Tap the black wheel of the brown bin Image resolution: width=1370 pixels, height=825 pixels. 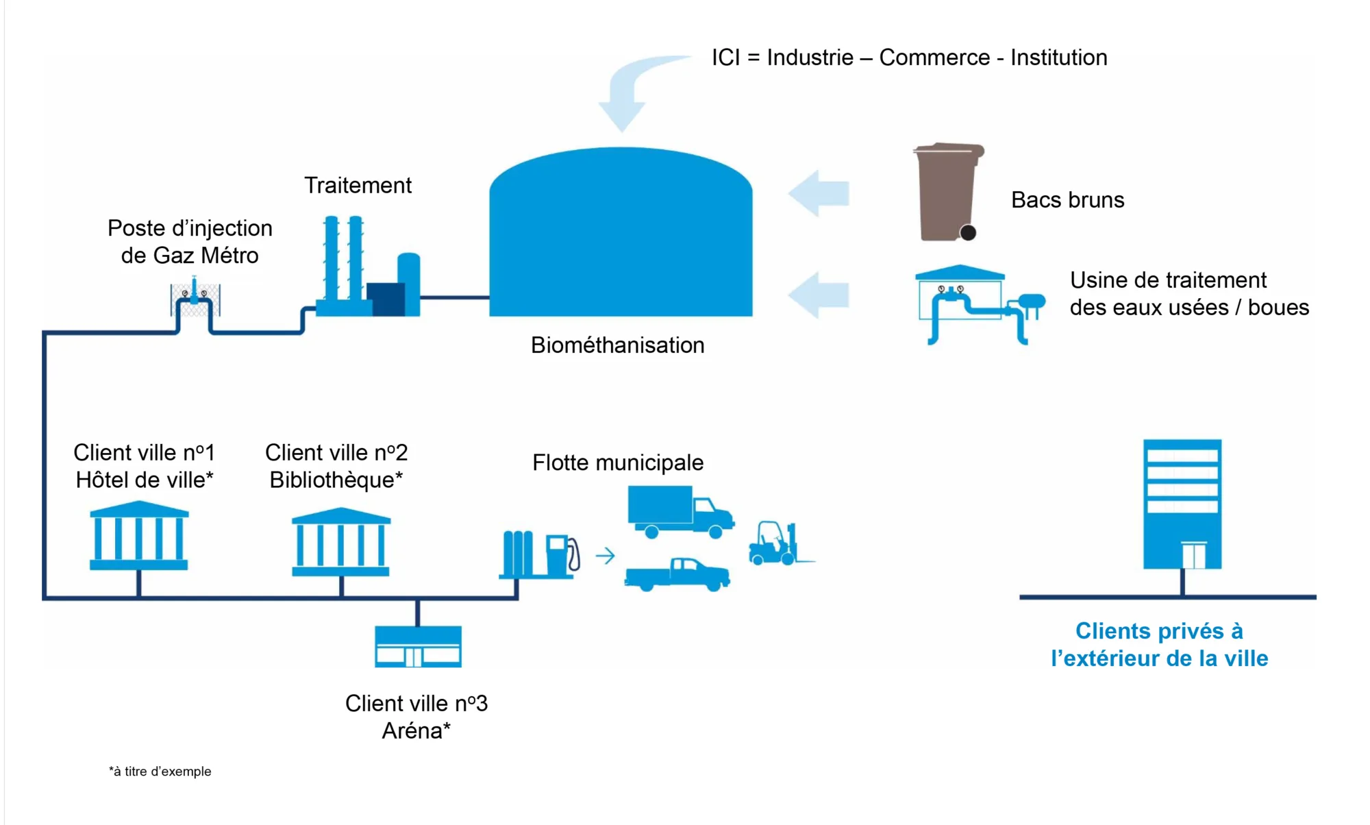point(968,233)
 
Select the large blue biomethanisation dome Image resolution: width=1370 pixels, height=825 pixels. point(621,232)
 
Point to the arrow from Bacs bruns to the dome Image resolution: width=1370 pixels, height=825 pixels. point(819,193)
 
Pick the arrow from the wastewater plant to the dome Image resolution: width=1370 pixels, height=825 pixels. point(819,295)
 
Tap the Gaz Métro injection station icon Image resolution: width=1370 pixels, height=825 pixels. point(195,297)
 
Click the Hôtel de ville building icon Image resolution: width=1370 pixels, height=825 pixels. point(139,535)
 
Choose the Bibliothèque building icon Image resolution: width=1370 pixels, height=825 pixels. point(341,541)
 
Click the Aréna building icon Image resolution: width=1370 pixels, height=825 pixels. point(418,646)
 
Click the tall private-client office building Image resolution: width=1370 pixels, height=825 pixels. point(1182,504)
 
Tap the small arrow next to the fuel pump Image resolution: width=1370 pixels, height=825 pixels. point(605,556)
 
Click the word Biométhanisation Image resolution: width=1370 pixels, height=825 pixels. point(617,345)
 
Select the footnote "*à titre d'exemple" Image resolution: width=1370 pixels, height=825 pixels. point(160,772)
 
